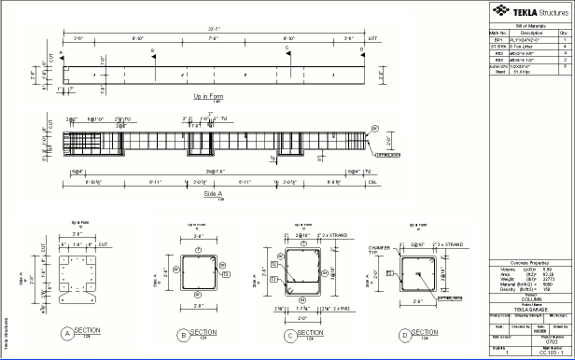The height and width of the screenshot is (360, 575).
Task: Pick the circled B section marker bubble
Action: [184, 333]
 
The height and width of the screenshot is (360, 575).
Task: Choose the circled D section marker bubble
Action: [404, 333]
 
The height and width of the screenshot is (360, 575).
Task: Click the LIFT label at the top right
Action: [373, 38]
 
